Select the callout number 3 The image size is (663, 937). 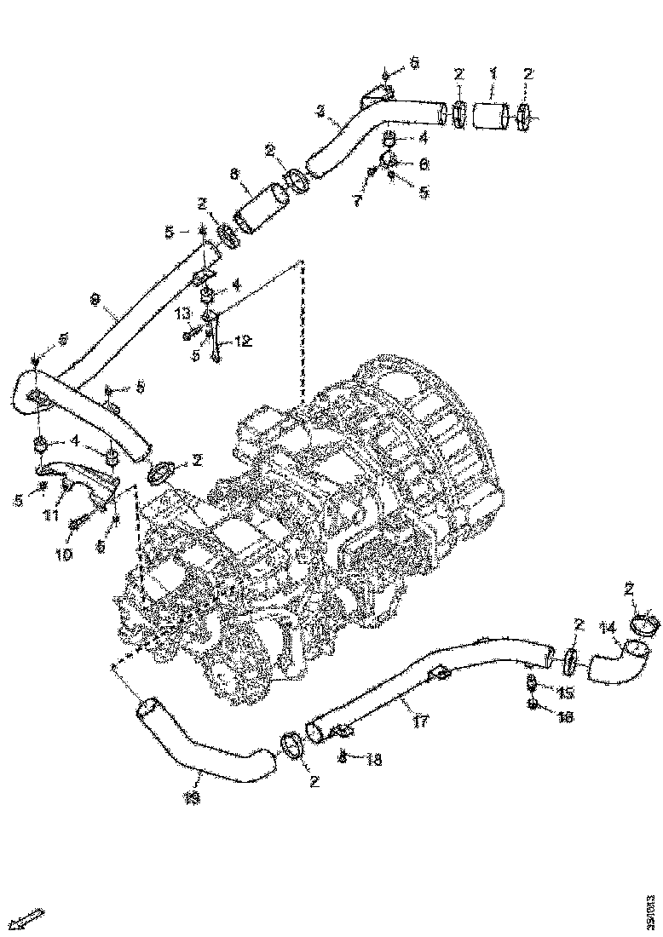[320, 111]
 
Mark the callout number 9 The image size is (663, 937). [95, 300]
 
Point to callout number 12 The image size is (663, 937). [243, 342]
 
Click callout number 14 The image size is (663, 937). [607, 629]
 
